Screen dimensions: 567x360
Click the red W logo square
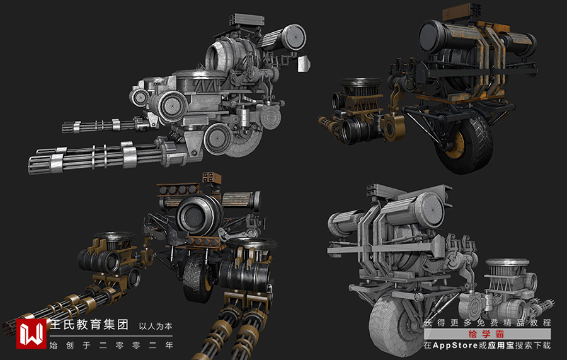(31, 334)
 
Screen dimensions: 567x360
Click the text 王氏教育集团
(89, 325)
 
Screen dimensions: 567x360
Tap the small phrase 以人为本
(156, 327)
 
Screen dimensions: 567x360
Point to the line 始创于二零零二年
(111, 345)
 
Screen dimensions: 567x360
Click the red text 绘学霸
(486, 334)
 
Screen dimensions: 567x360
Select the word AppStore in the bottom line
(455, 345)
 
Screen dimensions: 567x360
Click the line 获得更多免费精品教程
(488, 322)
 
